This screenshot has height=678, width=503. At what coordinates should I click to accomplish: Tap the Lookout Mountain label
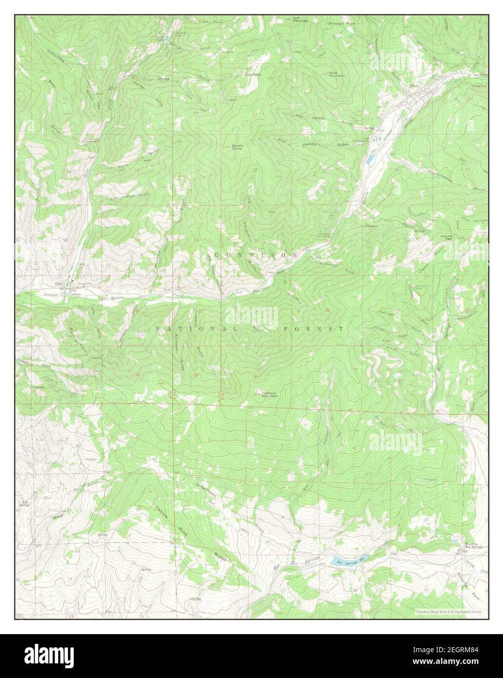pos(270,394)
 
